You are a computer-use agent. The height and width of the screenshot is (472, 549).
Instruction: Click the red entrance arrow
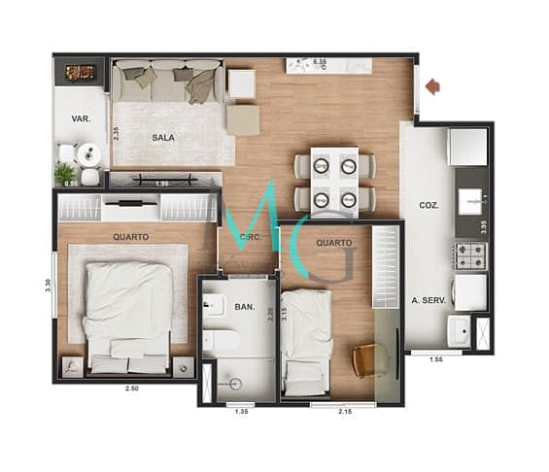coord(432,87)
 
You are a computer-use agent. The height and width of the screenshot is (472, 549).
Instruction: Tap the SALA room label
coord(162,138)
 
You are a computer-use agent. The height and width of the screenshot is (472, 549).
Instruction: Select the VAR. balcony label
coord(81,119)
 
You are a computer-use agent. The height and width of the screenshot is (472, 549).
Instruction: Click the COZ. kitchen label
coord(428,206)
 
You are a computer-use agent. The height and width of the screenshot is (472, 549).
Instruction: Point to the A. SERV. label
coord(428,301)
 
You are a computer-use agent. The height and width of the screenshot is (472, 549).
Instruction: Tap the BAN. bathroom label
coord(244,308)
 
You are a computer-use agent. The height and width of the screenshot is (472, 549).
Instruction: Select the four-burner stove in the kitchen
coord(471,255)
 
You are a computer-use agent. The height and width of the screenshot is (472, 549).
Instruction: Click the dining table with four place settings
coord(334,180)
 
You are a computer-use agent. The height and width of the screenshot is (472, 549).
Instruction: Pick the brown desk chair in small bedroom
coord(368,360)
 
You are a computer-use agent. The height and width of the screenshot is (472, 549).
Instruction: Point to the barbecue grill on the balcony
coord(80,71)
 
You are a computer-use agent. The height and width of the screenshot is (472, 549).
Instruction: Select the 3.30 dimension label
coord(48,287)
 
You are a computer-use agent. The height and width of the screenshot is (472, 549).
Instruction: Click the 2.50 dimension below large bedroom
coord(131,389)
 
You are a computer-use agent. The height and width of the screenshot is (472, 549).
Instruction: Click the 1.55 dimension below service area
coord(437,359)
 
